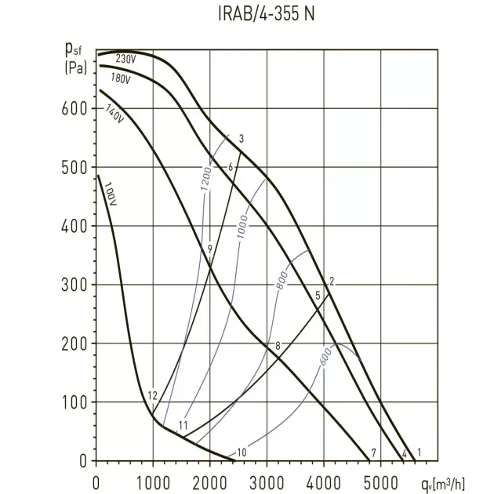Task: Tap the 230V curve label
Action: coord(125,59)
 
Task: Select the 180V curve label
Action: coord(120,79)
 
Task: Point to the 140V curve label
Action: coord(114,115)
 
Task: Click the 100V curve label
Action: coord(110,194)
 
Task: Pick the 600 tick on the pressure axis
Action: coord(74,108)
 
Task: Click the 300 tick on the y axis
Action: coord(74,285)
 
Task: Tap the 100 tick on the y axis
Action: coord(74,402)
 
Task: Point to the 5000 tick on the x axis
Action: coord(381,476)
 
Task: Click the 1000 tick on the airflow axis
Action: coord(153,476)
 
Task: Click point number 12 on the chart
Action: coord(152,395)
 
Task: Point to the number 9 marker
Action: coord(210,249)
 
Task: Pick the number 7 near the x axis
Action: coord(374,452)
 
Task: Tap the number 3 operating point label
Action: coord(242,140)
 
